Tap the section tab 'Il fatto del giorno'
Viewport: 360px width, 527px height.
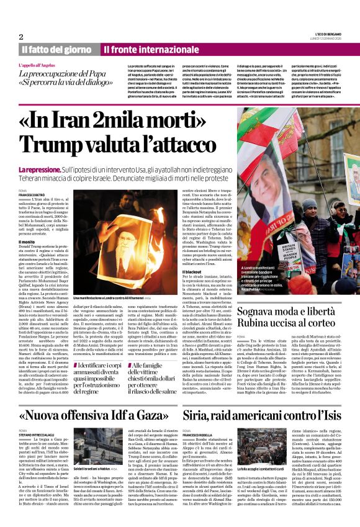point(55,49)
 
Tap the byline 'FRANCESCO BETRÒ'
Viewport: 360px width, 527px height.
point(32,194)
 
